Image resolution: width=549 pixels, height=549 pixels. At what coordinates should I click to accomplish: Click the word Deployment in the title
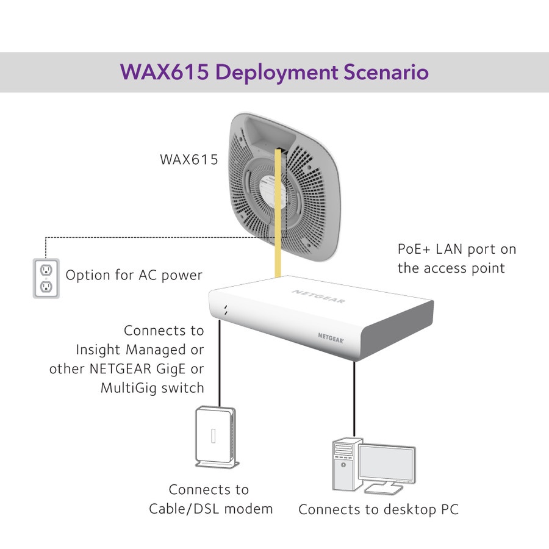pyautogui.click(x=276, y=73)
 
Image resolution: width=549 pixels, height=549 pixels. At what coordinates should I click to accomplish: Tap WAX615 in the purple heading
pyautogui.click(x=164, y=72)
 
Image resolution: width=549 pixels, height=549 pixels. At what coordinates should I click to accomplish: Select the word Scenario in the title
pyautogui.click(x=386, y=72)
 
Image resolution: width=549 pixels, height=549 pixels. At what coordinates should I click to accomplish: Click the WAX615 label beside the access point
pyautogui.click(x=188, y=160)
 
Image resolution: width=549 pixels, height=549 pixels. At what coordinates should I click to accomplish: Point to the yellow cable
pyautogui.click(x=278, y=213)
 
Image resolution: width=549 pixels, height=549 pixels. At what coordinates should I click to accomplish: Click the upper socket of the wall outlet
pyautogui.click(x=46, y=270)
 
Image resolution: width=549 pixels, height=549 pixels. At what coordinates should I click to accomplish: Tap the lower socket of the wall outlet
pyautogui.click(x=46, y=287)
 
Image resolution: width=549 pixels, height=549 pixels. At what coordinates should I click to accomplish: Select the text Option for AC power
pyautogui.click(x=134, y=275)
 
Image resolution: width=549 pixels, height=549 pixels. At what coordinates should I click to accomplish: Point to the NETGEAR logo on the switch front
pyautogui.click(x=331, y=338)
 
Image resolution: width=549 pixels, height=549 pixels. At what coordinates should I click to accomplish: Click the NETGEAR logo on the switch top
pyautogui.click(x=318, y=296)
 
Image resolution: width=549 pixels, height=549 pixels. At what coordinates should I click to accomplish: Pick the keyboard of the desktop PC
pyautogui.click(x=384, y=489)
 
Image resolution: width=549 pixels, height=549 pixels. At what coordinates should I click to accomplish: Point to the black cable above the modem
pyautogui.click(x=220, y=363)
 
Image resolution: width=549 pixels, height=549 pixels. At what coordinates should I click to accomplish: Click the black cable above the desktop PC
pyautogui.click(x=354, y=399)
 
